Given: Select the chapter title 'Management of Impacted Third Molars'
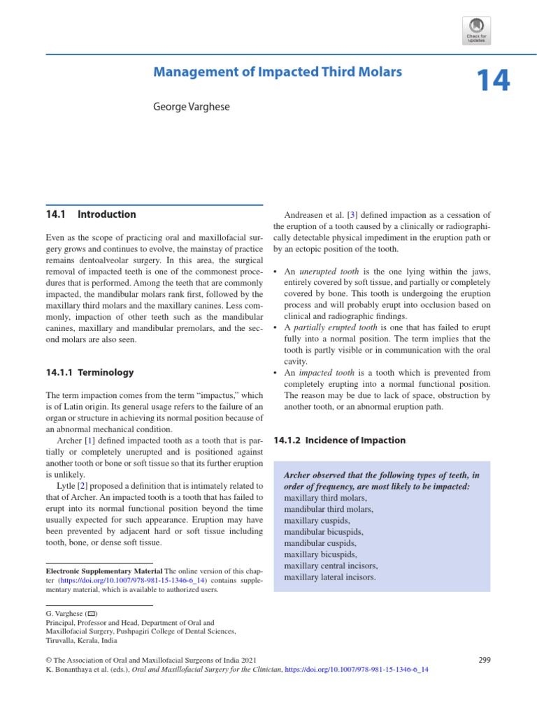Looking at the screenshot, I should [278, 71].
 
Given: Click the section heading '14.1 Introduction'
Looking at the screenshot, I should [90, 214].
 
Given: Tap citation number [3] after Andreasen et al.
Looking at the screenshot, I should [362, 215].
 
